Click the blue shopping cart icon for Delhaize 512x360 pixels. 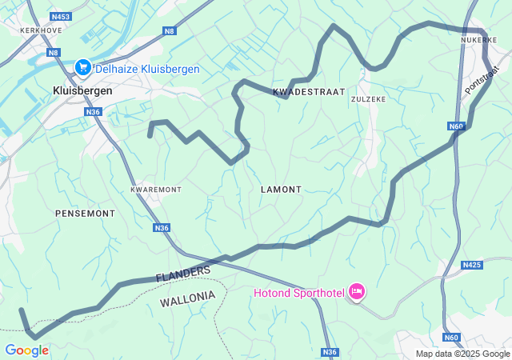pos(82,69)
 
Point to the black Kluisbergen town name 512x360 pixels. pos(82,91)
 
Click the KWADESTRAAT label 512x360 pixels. pos(309,92)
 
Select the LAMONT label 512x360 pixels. pos(281,190)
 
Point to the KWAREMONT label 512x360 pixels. pos(156,190)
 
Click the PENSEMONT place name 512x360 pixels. pos(85,214)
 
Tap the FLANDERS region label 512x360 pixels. pos(183,274)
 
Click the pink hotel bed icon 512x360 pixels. pos(357,293)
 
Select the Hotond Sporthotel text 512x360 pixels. pos(298,293)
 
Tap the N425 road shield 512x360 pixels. pos(472,265)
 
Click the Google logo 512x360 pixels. pos(26,350)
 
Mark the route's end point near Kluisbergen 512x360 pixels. pos(150,137)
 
